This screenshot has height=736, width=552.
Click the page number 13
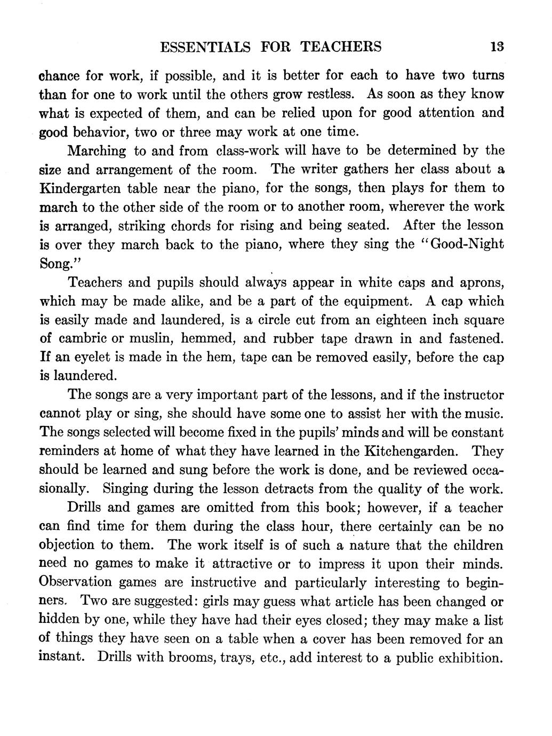[497, 47]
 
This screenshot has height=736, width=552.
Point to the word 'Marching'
[97, 151]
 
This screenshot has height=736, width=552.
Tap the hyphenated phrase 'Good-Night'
[467, 244]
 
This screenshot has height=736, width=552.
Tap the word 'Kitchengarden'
[411, 452]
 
